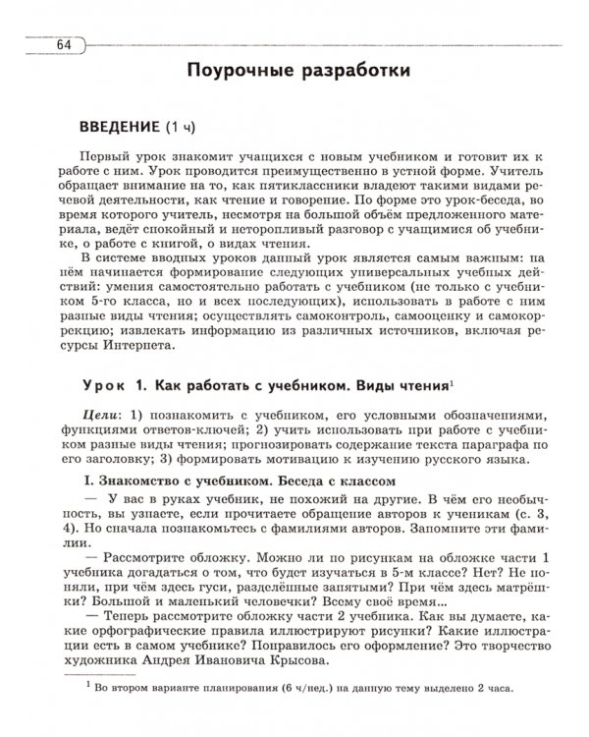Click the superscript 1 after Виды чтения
coord(452,377)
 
